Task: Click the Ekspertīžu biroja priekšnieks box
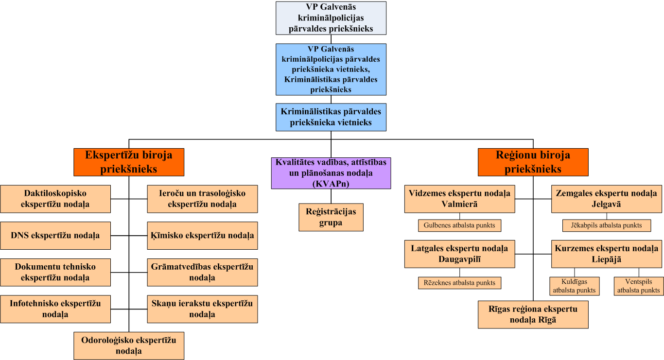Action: click(129, 162)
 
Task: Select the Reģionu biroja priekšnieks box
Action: click(533, 162)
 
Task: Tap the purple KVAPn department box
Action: click(331, 173)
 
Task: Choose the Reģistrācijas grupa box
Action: click(331, 217)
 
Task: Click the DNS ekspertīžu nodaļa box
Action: click(55, 236)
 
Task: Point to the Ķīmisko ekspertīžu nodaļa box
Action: click(202, 236)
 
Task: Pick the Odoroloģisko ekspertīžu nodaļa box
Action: click(129, 345)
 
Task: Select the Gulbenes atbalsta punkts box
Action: click(459, 225)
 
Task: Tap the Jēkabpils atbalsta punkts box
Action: click(606, 225)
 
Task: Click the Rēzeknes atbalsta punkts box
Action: click(459, 283)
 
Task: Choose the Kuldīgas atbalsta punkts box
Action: click(574, 286)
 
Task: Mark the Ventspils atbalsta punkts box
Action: click(639, 286)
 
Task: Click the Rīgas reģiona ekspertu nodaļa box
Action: click(533, 314)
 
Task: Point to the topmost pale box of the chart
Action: click(331, 18)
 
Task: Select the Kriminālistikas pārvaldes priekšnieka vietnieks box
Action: click(331, 117)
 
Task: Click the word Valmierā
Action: click(459, 204)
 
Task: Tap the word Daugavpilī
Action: click(459, 259)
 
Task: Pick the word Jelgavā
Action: click(606, 204)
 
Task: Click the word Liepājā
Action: click(606, 259)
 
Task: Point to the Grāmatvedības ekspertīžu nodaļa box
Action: click(202, 272)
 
